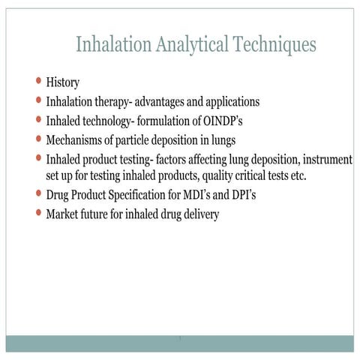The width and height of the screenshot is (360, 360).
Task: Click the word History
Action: tap(62, 81)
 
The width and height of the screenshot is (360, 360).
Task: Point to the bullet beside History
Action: tap(39, 80)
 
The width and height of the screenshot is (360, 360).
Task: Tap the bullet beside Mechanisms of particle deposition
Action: tap(39, 139)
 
